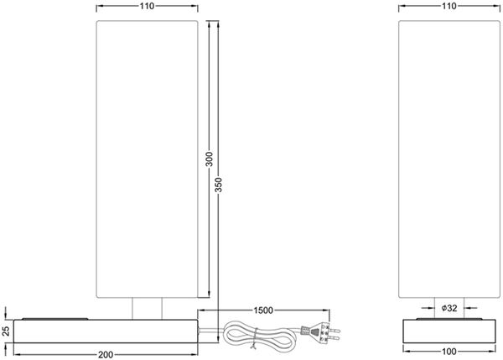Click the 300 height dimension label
209,159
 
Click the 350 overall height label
218,185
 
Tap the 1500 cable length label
263,310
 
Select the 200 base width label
106,354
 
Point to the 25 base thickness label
6,331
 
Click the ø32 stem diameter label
449,308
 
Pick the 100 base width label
449,352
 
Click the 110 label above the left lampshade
147,6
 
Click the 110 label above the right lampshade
449,6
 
